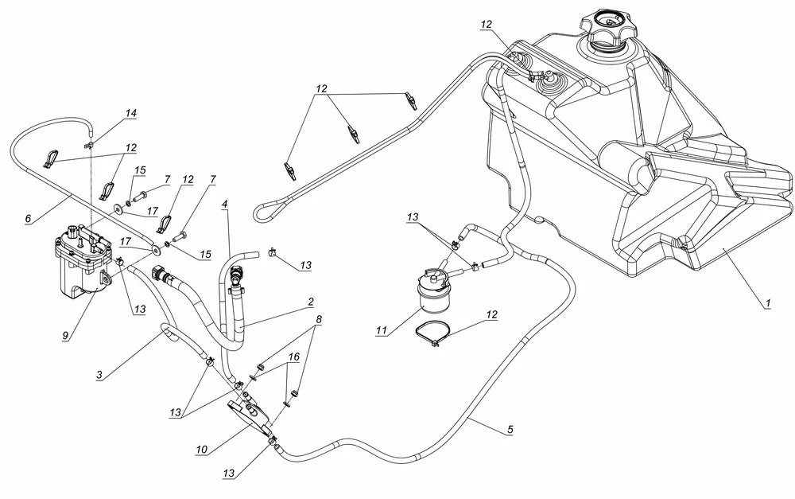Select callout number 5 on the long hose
pyautogui.click(x=510, y=430)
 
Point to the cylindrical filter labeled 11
pyautogui.click(x=433, y=294)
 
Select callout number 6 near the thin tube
pyautogui.click(x=29, y=217)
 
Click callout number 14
pyautogui.click(x=130, y=114)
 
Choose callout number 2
pyautogui.click(x=311, y=302)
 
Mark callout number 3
pyautogui.click(x=100, y=374)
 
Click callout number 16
pyautogui.click(x=294, y=358)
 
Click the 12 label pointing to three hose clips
pyautogui.click(x=320, y=88)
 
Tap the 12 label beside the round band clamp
pyautogui.click(x=491, y=315)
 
